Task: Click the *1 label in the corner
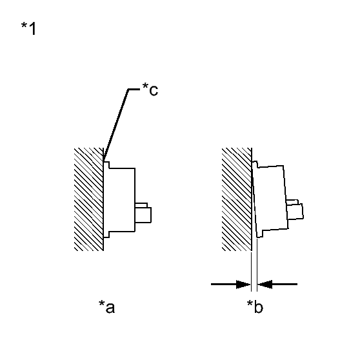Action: (x=28, y=28)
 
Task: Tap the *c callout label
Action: (x=150, y=89)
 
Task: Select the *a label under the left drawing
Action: (x=106, y=306)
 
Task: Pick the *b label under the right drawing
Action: (x=255, y=306)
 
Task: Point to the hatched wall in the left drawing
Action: (x=88, y=199)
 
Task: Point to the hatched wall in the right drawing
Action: (x=237, y=199)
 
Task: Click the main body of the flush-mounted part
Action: (x=122, y=200)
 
